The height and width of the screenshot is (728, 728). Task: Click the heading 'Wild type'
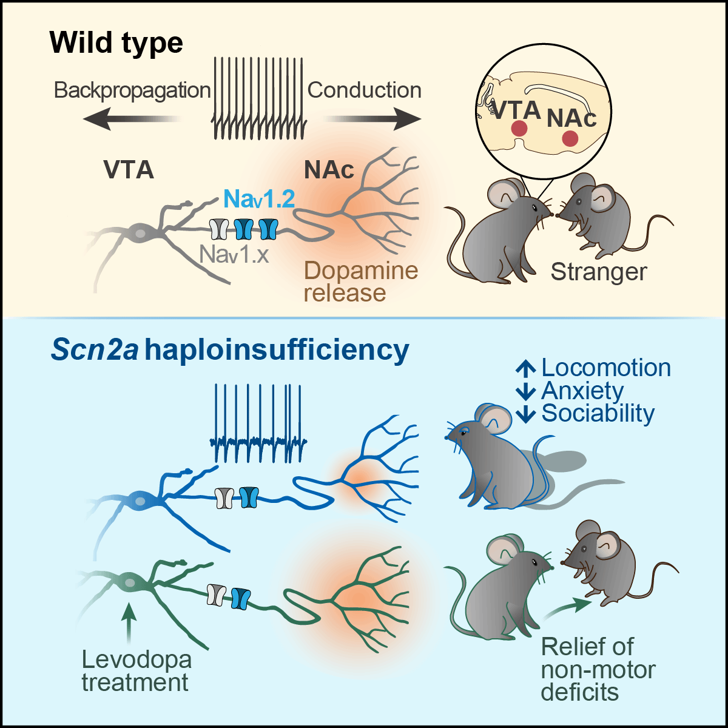116,43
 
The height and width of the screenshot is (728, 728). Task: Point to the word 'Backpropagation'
132,90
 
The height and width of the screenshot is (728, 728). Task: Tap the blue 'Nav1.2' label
259,198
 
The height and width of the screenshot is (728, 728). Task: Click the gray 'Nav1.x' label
234,255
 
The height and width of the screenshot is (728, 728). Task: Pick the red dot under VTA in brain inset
519,128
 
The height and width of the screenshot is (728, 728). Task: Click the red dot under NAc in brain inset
570,138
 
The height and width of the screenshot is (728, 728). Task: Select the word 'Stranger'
599,272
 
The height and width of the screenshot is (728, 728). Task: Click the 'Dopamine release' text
360,281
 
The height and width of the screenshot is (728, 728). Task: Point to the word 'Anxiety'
582,391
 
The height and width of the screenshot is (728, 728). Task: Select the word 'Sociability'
598,413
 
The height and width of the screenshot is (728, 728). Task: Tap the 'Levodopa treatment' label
136,670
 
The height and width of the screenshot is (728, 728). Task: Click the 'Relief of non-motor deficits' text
598,669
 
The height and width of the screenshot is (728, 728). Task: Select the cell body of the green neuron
129,583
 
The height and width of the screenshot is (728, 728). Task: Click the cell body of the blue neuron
140,500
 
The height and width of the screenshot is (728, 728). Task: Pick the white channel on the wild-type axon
218,229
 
